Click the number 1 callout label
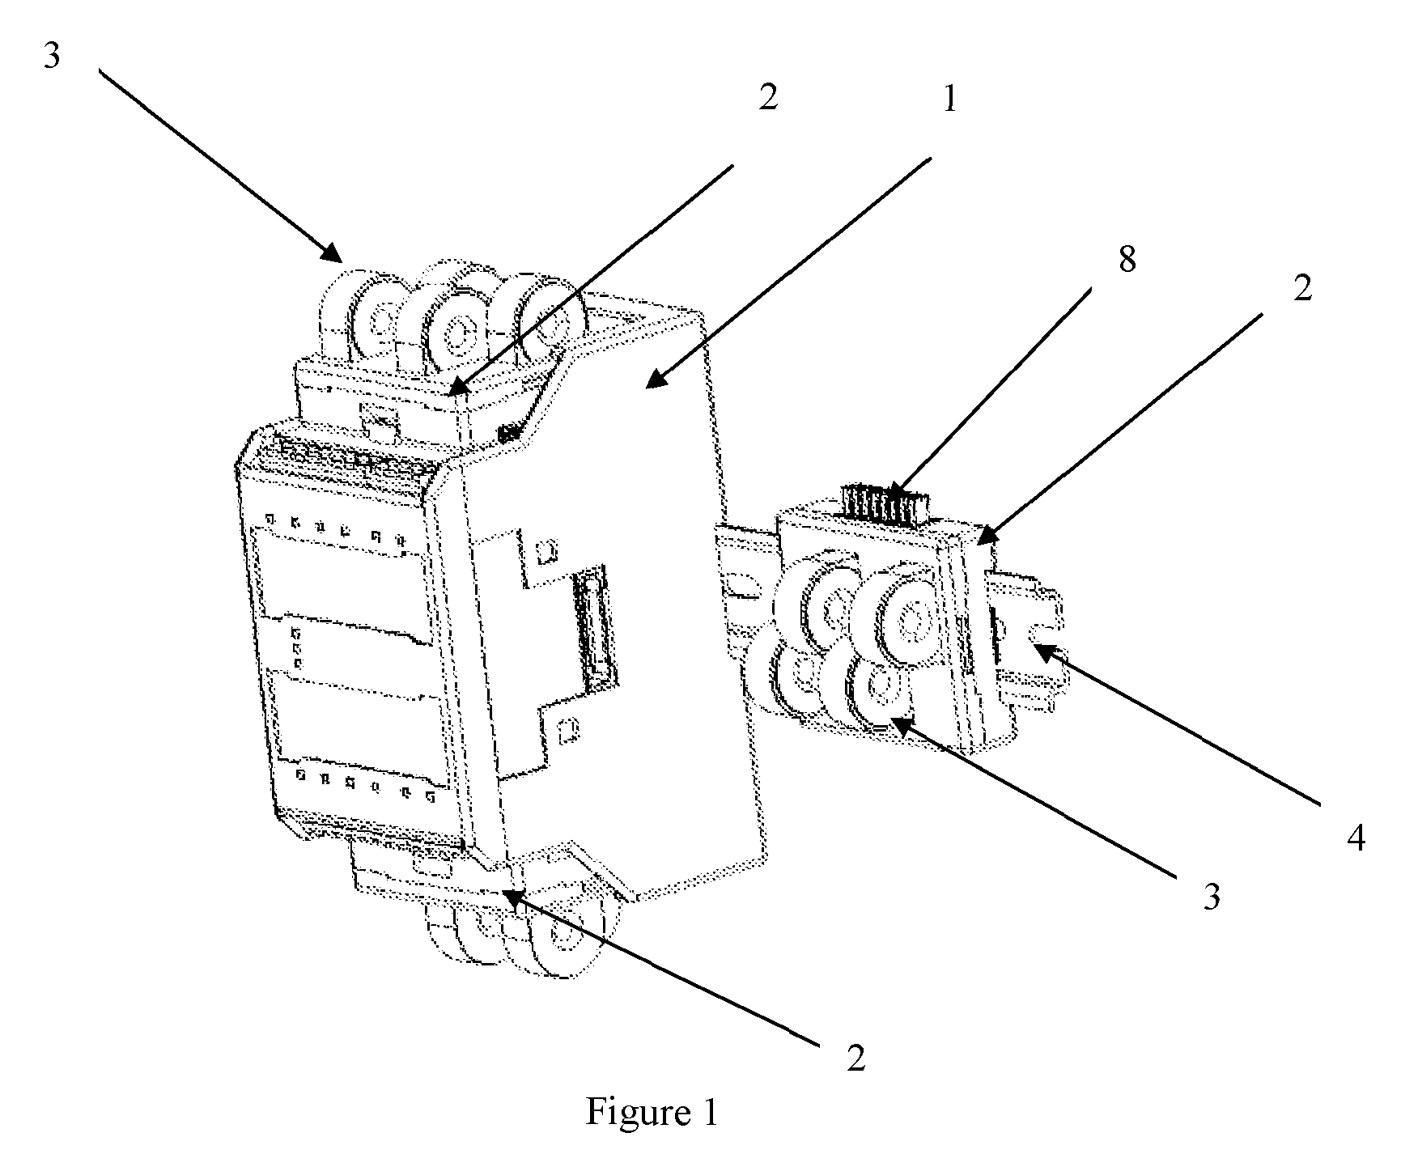point(950,99)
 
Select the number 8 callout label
point(1126,260)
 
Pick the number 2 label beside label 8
point(1301,288)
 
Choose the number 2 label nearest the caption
point(856,1058)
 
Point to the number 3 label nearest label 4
point(1212,897)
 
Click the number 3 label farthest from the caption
point(51,57)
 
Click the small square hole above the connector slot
point(546,552)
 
